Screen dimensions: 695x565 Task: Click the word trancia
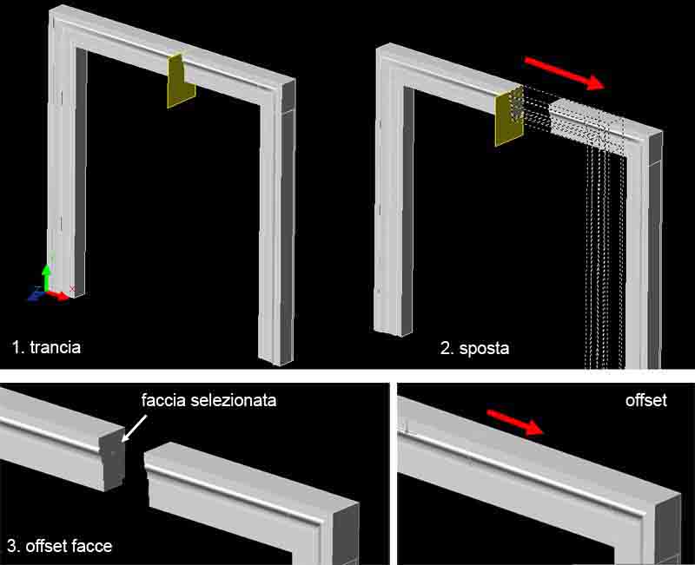(55, 347)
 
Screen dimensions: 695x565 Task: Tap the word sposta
(484, 349)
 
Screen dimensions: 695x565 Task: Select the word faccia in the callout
(163, 400)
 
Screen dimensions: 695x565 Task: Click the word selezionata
(233, 400)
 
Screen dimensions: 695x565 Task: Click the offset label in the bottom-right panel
(645, 400)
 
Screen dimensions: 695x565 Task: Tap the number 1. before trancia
(18, 347)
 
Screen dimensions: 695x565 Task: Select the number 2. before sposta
(447, 349)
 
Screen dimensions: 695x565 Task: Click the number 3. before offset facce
(14, 546)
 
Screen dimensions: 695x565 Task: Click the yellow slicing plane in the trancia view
(181, 82)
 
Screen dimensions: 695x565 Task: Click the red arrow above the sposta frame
(564, 73)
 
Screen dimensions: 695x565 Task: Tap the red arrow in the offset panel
(515, 423)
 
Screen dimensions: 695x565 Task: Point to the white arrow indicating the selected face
(134, 428)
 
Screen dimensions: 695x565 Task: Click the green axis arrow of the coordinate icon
(46, 277)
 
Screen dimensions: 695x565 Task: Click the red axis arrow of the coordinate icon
(58, 295)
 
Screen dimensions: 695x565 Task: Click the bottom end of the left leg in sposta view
(394, 332)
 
